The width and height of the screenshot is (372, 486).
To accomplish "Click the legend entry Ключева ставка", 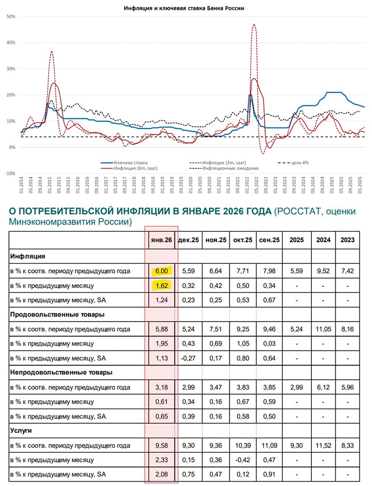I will [x=130, y=162].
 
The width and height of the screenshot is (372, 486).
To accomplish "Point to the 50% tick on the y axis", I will [x=11, y=17].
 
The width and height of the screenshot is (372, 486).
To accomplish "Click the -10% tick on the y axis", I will [x=10, y=174].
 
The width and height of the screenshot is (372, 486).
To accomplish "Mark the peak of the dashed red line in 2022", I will [x=254, y=24].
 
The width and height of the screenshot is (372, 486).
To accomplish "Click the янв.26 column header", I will [x=162, y=240].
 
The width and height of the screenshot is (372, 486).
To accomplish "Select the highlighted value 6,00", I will [x=162, y=271].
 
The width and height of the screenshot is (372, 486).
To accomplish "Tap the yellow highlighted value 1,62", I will [x=162, y=286].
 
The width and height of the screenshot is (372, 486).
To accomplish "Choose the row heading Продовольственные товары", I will [x=57, y=314].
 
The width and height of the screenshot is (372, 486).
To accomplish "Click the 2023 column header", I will [x=347, y=240].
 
